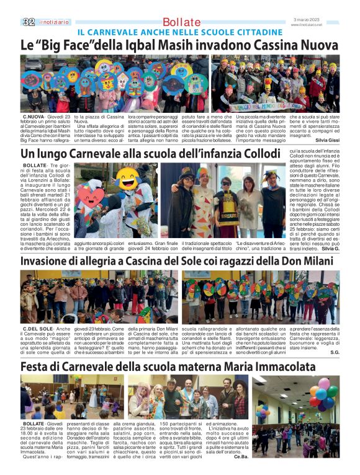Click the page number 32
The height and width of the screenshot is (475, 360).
point(28,22)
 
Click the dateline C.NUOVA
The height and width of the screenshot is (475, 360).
point(34,116)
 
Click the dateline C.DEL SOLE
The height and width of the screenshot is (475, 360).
point(37,328)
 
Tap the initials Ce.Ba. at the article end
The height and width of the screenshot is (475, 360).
point(241,457)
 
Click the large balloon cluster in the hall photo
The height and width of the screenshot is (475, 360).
point(322,395)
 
